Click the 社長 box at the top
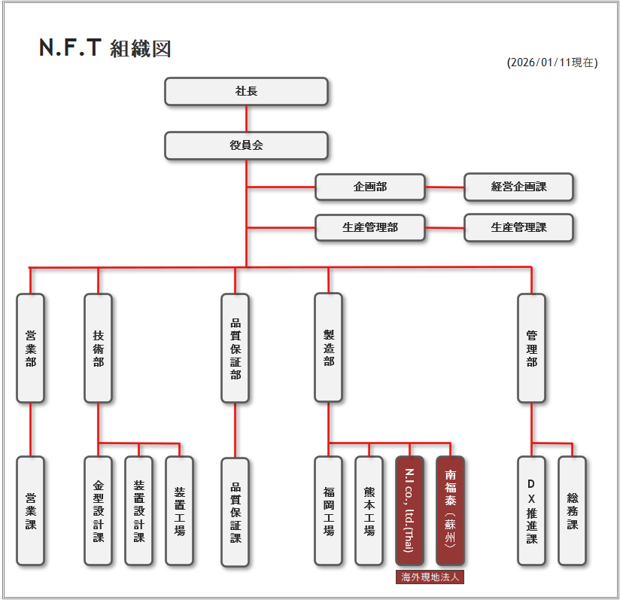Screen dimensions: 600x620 (246, 91)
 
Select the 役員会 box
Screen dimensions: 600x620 (246, 145)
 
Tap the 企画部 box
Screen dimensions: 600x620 (369, 187)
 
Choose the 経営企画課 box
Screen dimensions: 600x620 (518, 187)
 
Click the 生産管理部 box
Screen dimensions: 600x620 (369, 227)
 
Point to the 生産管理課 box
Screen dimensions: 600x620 (518, 227)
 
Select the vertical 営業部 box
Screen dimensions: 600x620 (30, 348)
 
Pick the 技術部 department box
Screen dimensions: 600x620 (98, 348)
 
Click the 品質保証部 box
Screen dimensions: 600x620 (235, 348)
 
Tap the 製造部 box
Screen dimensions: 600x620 (328, 348)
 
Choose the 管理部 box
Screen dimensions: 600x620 (531, 348)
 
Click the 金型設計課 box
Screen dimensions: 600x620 (98, 510)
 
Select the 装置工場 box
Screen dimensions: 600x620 (179, 510)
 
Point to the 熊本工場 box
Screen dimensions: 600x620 (369, 510)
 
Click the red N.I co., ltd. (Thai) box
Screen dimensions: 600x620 (409, 510)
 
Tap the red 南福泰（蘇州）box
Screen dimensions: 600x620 (450, 510)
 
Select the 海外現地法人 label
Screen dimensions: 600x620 (430, 577)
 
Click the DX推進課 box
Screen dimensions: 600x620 (531, 510)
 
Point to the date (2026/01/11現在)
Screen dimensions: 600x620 (552, 62)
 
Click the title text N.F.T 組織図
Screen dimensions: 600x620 (105, 48)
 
